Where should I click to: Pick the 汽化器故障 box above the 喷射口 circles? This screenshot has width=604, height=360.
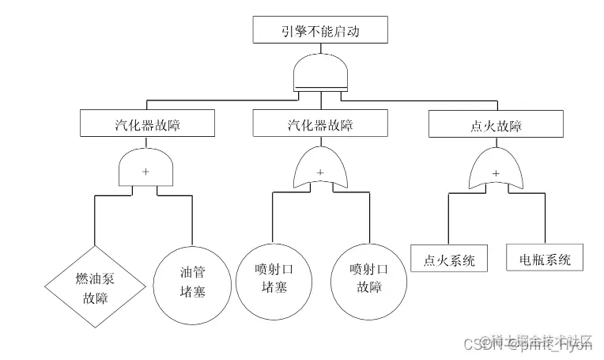tap(320, 124)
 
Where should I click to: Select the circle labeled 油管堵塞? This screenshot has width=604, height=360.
tap(192, 282)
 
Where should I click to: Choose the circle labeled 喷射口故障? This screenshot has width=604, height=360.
tap(368, 277)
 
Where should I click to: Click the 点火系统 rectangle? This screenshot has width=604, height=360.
tap(449, 260)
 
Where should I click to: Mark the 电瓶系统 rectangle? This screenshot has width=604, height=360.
tap(545, 260)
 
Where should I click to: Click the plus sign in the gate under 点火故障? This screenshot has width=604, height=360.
tap(496, 172)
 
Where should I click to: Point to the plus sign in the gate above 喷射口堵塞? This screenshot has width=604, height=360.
tap(320, 172)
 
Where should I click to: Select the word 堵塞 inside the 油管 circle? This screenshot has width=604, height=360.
tap(192, 291)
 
